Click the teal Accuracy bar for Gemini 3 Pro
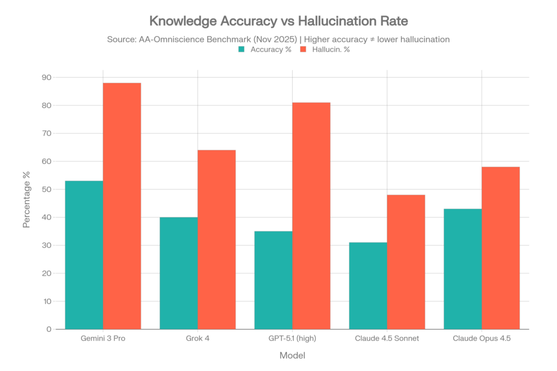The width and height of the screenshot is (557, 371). (84, 255)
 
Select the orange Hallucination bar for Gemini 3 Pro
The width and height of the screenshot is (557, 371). (122, 206)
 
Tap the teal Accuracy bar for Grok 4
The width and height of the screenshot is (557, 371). (178, 273)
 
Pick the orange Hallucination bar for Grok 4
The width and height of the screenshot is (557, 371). (217, 239)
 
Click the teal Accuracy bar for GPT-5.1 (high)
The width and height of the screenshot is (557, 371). (273, 280)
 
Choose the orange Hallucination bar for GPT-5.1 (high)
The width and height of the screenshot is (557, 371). (312, 215)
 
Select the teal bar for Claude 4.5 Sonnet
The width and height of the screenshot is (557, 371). (368, 285)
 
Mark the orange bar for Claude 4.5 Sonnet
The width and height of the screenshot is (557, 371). (406, 261)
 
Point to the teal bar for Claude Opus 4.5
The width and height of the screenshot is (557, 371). (462, 268)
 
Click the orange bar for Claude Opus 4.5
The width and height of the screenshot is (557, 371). (501, 248)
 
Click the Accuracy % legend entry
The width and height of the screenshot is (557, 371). (265, 49)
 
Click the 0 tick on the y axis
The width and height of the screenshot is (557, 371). (48, 329)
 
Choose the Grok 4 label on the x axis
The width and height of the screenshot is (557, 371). (197, 339)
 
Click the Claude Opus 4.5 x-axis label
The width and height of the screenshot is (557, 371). (481, 339)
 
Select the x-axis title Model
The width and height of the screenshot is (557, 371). (292, 356)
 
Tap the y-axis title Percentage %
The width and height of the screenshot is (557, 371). (26, 199)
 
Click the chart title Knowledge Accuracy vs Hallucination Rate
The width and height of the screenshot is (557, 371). (278, 21)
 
